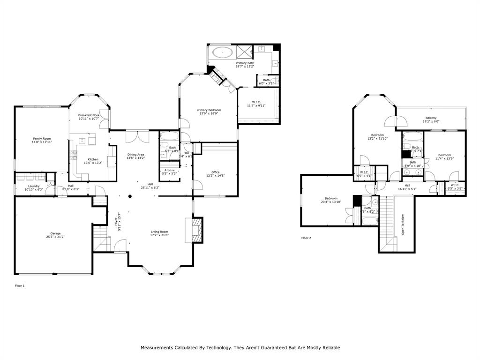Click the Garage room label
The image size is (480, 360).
click(x=55, y=233)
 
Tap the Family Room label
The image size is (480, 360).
click(x=42, y=139)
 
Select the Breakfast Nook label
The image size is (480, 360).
click(x=89, y=115)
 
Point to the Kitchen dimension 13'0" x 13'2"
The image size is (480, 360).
click(x=93, y=163)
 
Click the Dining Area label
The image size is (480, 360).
click(x=135, y=155)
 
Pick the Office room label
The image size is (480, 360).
click(x=215, y=172)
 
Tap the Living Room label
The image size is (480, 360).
click(x=159, y=232)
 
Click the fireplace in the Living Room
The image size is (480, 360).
click(x=195, y=230)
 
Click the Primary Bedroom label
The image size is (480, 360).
click(x=209, y=110)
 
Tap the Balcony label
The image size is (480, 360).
click(x=431, y=118)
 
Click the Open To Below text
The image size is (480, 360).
click(x=402, y=225)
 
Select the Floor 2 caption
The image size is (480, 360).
click(x=306, y=238)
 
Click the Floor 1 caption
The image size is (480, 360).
click(x=20, y=285)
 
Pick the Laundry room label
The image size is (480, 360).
click(x=34, y=186)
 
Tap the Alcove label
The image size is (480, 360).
click(x=169, y=170)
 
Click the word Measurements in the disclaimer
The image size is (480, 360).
click(x=159, y=348)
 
